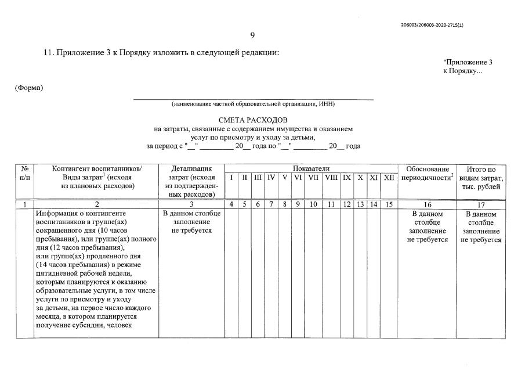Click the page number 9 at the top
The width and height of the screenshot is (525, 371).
point(252,36)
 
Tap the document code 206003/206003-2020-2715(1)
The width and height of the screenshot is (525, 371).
point(432,26)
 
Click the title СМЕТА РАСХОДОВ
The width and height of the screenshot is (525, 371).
point(253,120)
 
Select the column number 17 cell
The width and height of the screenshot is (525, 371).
point(480,204)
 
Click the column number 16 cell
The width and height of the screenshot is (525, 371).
point(428,204)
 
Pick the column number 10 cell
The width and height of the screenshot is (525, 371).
point(313,204)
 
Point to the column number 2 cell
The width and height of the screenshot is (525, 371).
point(96,204)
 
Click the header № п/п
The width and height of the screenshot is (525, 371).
point(25,173)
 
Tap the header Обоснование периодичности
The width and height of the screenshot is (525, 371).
point(427,173)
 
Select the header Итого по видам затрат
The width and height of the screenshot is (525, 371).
point(480,177)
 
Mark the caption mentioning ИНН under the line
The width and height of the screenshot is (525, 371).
point(253,104)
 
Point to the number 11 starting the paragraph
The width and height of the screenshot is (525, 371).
point(49,53)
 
